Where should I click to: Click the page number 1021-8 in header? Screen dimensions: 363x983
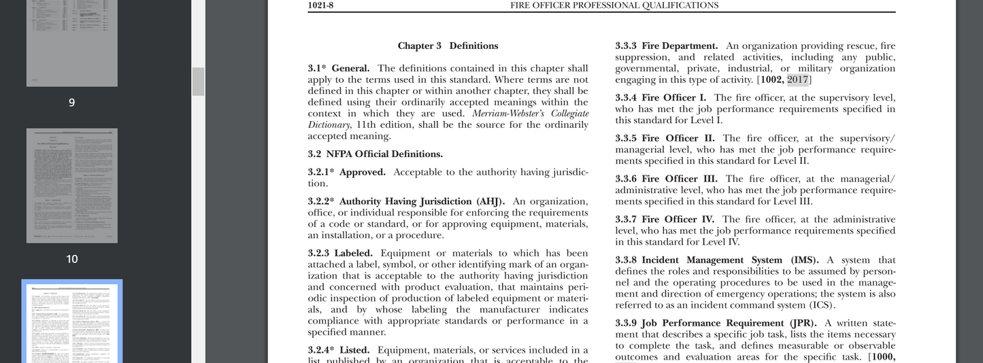[320, 5]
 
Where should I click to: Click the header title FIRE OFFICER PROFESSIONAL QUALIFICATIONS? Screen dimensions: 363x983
[614, 5]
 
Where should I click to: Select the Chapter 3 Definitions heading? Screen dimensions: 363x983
[448, 46]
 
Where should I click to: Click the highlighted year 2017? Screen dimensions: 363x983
[797, 80]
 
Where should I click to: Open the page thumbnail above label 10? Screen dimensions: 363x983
[72, 186]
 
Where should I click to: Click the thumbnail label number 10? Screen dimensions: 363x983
[72, 259]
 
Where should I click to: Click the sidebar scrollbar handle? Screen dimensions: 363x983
[198, 82]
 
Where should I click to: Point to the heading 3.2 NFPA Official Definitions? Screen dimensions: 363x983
[375, 154]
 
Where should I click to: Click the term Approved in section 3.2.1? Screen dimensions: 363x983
[362, 173]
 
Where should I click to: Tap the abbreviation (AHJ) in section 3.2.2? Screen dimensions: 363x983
[490, 202]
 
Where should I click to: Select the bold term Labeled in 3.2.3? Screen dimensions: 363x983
[353, 254]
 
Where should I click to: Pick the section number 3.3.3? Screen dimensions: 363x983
[626, 46]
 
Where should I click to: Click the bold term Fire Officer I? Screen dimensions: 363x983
[673, 98]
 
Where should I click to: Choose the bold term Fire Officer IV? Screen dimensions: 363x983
[678, 220]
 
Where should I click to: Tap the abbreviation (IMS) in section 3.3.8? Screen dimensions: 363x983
[805, 260]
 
